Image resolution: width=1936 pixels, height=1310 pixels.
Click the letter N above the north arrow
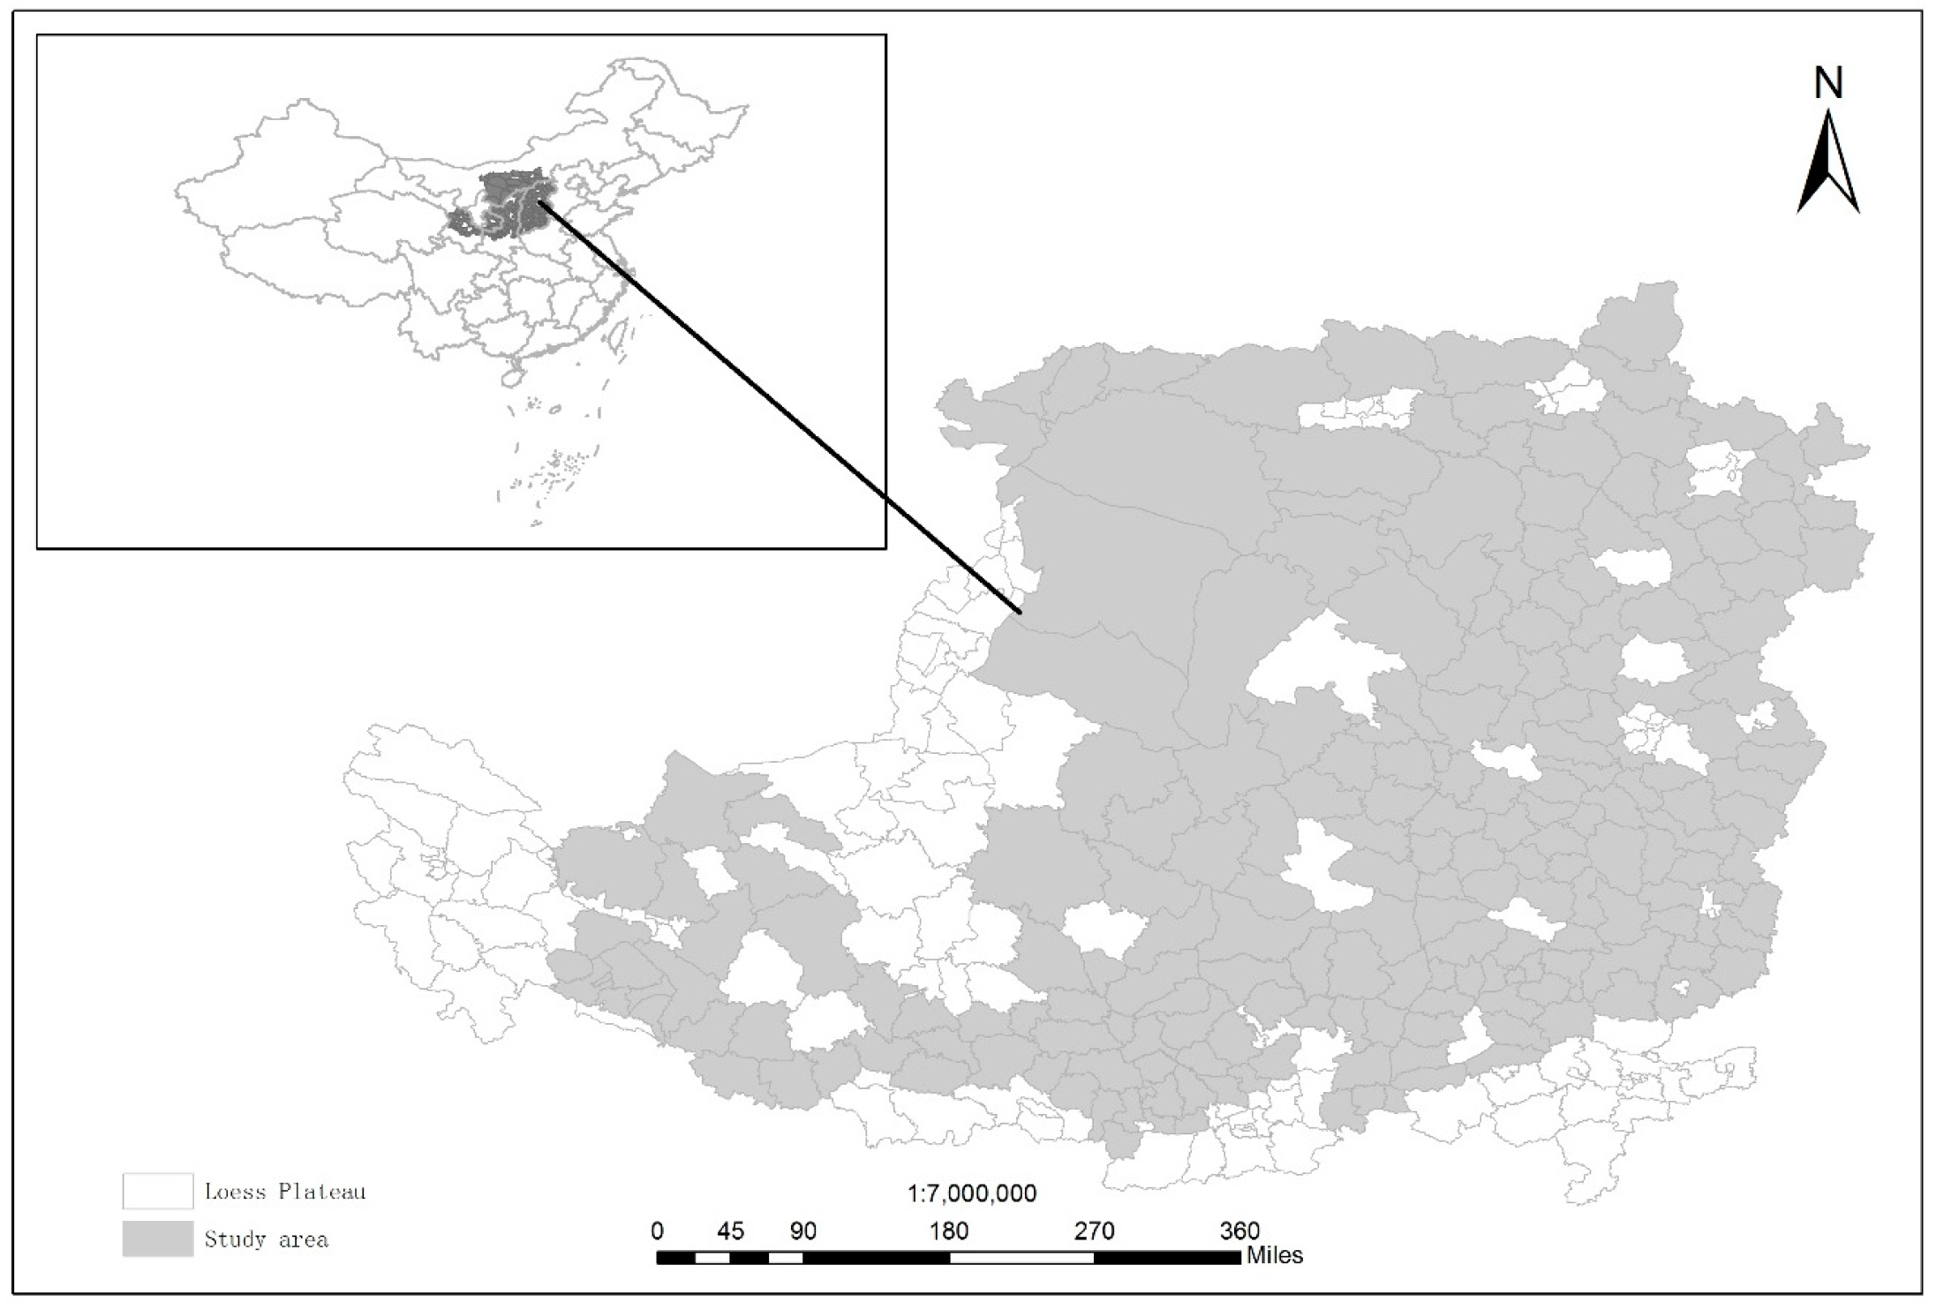[x=1828, y=84]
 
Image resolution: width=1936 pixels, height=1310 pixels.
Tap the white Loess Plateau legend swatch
[x=157, y=1191]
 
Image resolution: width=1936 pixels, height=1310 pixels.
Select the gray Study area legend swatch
[x=157, y=1238]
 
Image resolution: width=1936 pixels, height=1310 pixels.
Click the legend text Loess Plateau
[x=284, y=1192]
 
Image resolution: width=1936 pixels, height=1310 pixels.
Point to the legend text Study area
[x=266, y=1239]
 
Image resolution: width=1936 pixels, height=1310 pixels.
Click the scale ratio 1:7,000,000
[x=971, y=1194]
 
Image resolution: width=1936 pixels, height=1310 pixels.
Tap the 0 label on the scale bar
[x=657, y=1231]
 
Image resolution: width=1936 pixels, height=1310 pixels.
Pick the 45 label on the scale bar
[x=730, y=1231]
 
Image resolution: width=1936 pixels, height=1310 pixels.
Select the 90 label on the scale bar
[x=802, y=1231]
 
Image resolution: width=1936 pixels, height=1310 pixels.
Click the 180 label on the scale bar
[x=949, y=1231]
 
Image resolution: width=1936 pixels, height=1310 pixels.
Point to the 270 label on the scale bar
[x=1095, y=1231]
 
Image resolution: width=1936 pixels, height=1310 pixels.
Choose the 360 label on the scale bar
[x=1239, y=1231]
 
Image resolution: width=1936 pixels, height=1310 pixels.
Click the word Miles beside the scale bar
[x=1274, y=1255]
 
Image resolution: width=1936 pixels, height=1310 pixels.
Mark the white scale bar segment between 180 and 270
[x=1021, y=1258]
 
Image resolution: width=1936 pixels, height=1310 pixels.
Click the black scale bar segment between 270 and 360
[x=1167, y=1258]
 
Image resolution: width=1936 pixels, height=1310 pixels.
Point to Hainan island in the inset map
[x=512, y=377]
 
